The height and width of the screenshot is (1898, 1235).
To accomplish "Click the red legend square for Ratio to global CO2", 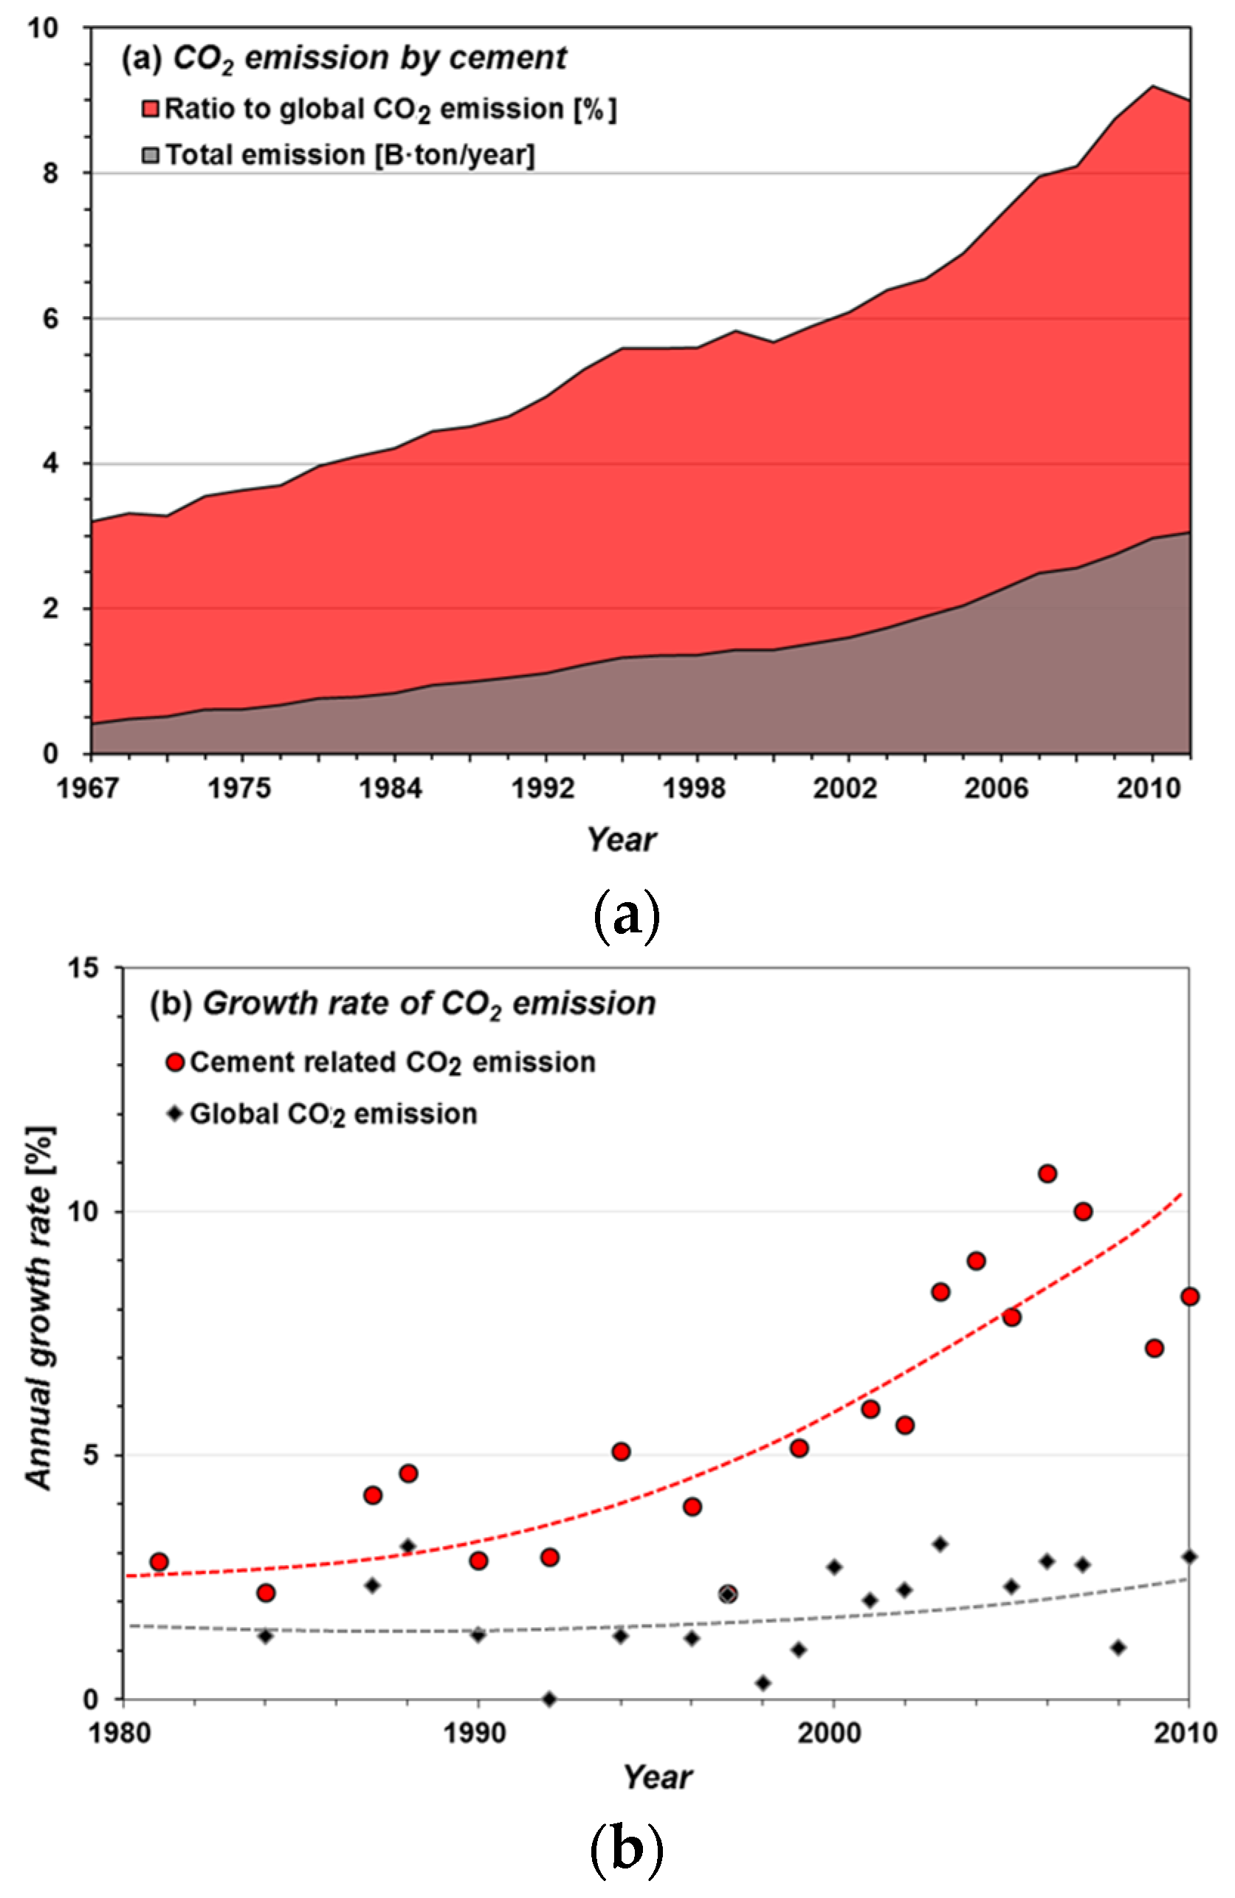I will (x=150, y=109).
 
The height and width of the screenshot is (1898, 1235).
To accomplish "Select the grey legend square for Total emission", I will (x=150, y=155).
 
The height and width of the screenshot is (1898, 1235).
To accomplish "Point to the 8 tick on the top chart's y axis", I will (x=51, y=173).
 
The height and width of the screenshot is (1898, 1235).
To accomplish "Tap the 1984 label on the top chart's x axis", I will (x=390, y=788).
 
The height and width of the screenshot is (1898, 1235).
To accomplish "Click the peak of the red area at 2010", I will (x=1152, y=86).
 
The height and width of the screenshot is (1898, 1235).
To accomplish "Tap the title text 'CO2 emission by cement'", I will (x=369, y=58).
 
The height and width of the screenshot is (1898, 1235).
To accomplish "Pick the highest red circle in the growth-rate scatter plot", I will (x=1047, y=1174).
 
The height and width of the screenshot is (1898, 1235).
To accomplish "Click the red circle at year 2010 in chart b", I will (x=1188, y=1296).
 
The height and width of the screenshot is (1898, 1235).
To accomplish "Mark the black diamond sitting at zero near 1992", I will (x=548, y=1699).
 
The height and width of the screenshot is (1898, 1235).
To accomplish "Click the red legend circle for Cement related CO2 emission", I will (x=176, y=1063).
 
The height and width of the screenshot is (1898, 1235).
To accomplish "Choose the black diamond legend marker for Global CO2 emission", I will (x=176, y=1114).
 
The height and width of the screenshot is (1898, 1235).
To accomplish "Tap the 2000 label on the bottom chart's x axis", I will (x=833, y=1733).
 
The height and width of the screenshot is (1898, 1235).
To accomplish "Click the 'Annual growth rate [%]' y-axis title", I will (x=39, y=1308).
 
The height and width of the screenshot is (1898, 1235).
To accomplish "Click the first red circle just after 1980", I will (x=159, y=1561).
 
